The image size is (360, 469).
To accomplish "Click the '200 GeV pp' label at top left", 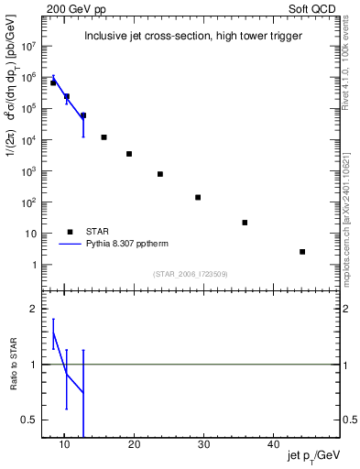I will [70, 8].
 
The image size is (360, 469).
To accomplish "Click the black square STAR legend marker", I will [71, 232].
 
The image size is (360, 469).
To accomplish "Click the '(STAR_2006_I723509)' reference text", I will [190, 272].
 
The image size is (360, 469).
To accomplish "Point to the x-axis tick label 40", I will [272, 444].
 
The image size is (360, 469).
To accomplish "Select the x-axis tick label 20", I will [134, 444].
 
